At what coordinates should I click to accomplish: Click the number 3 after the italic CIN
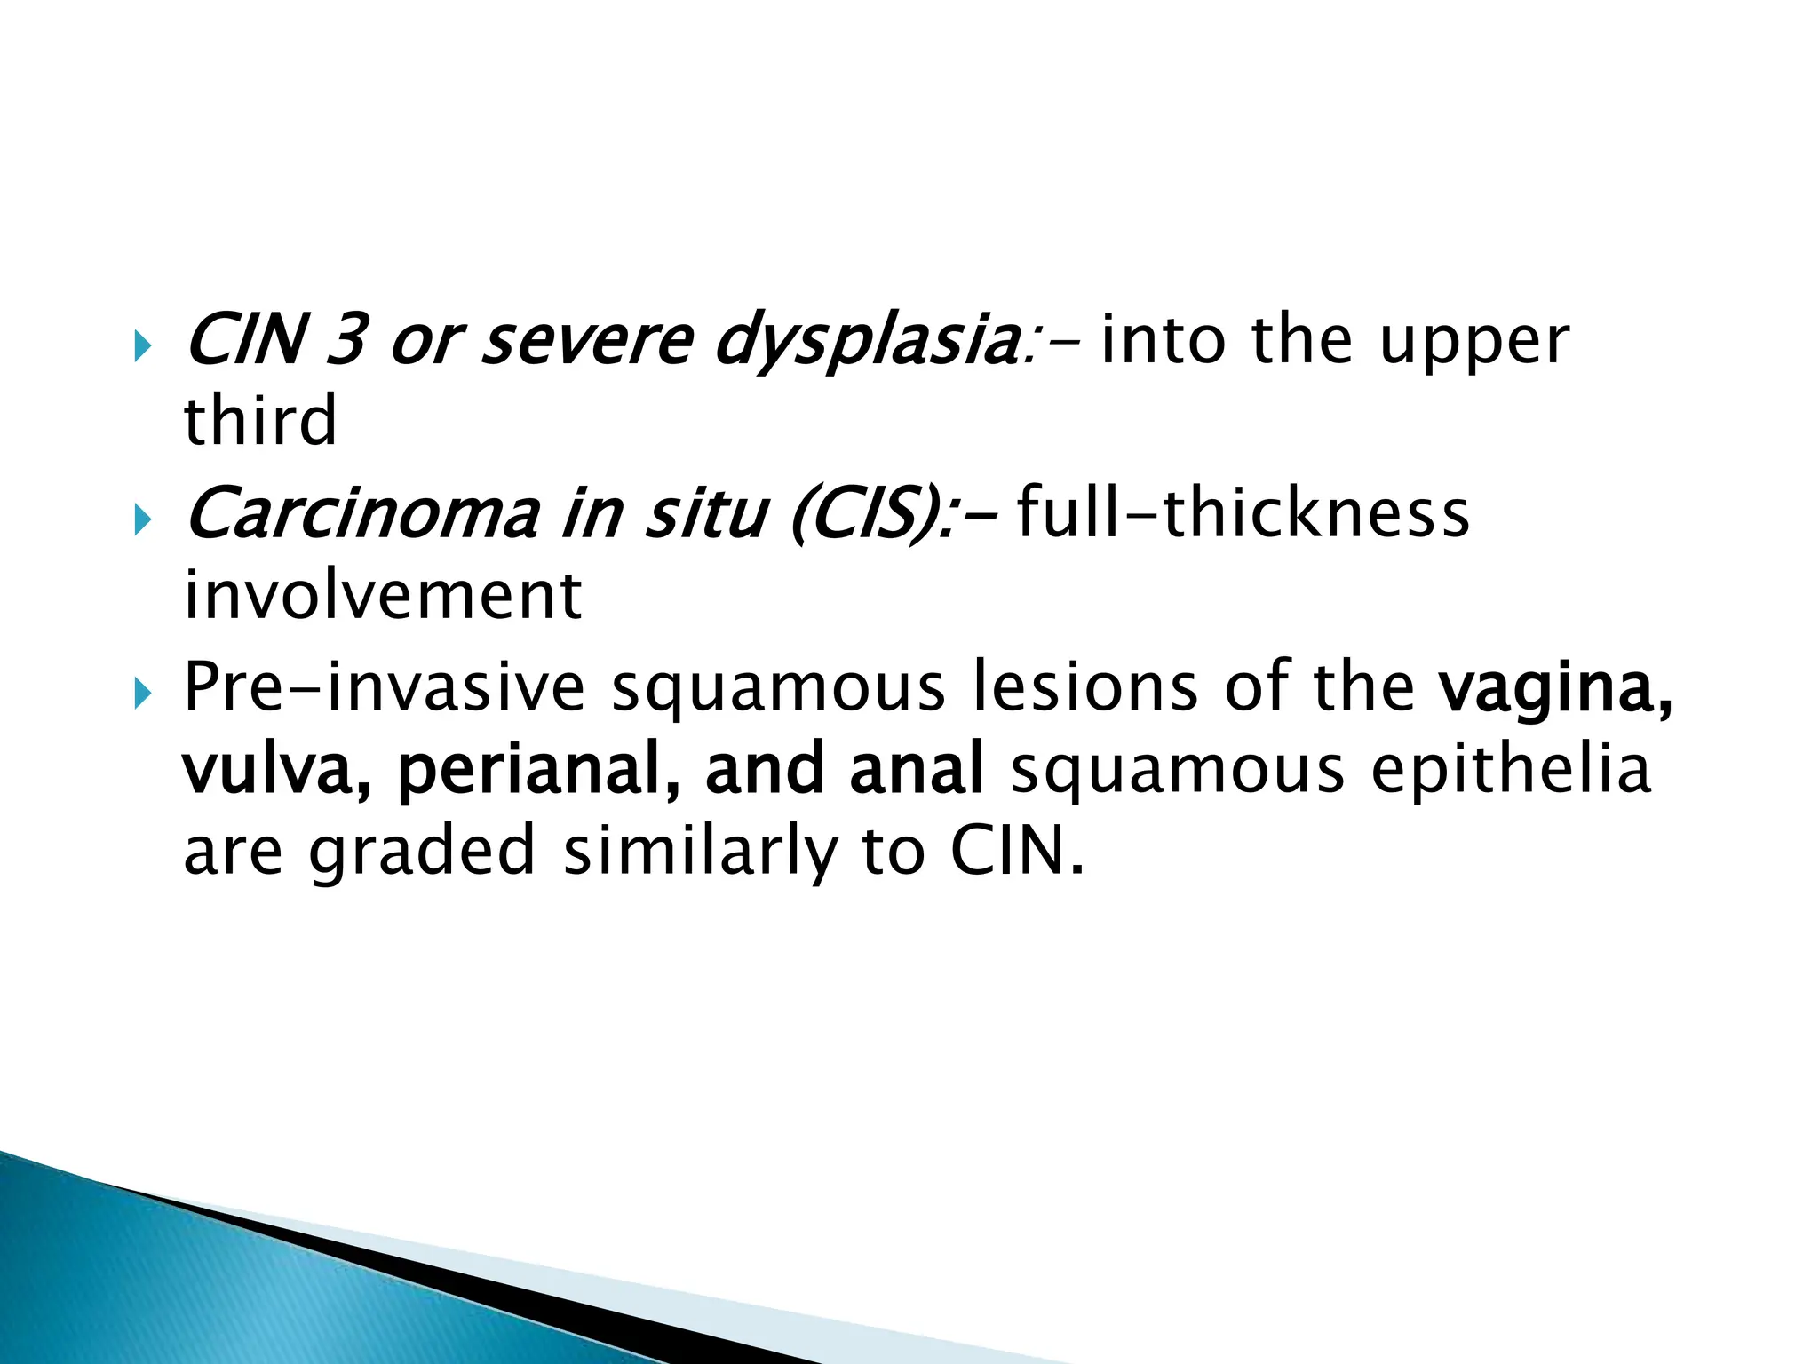pyautogui.click(x=346, y=341)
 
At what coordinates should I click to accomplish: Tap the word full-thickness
pyautogui.click(x=1243, y=513)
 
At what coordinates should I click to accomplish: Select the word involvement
pyautogui.click(x=383, y=595)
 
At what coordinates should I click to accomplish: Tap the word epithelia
pyautogui.click(x=1511, y=769)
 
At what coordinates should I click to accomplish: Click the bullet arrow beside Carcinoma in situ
pyautogui.click(x=142, y=519)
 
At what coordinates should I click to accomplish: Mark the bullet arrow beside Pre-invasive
pyautogui.click(x=142, y=691)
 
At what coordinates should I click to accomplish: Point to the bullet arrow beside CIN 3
pyautogui.click(x=142, y=345)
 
